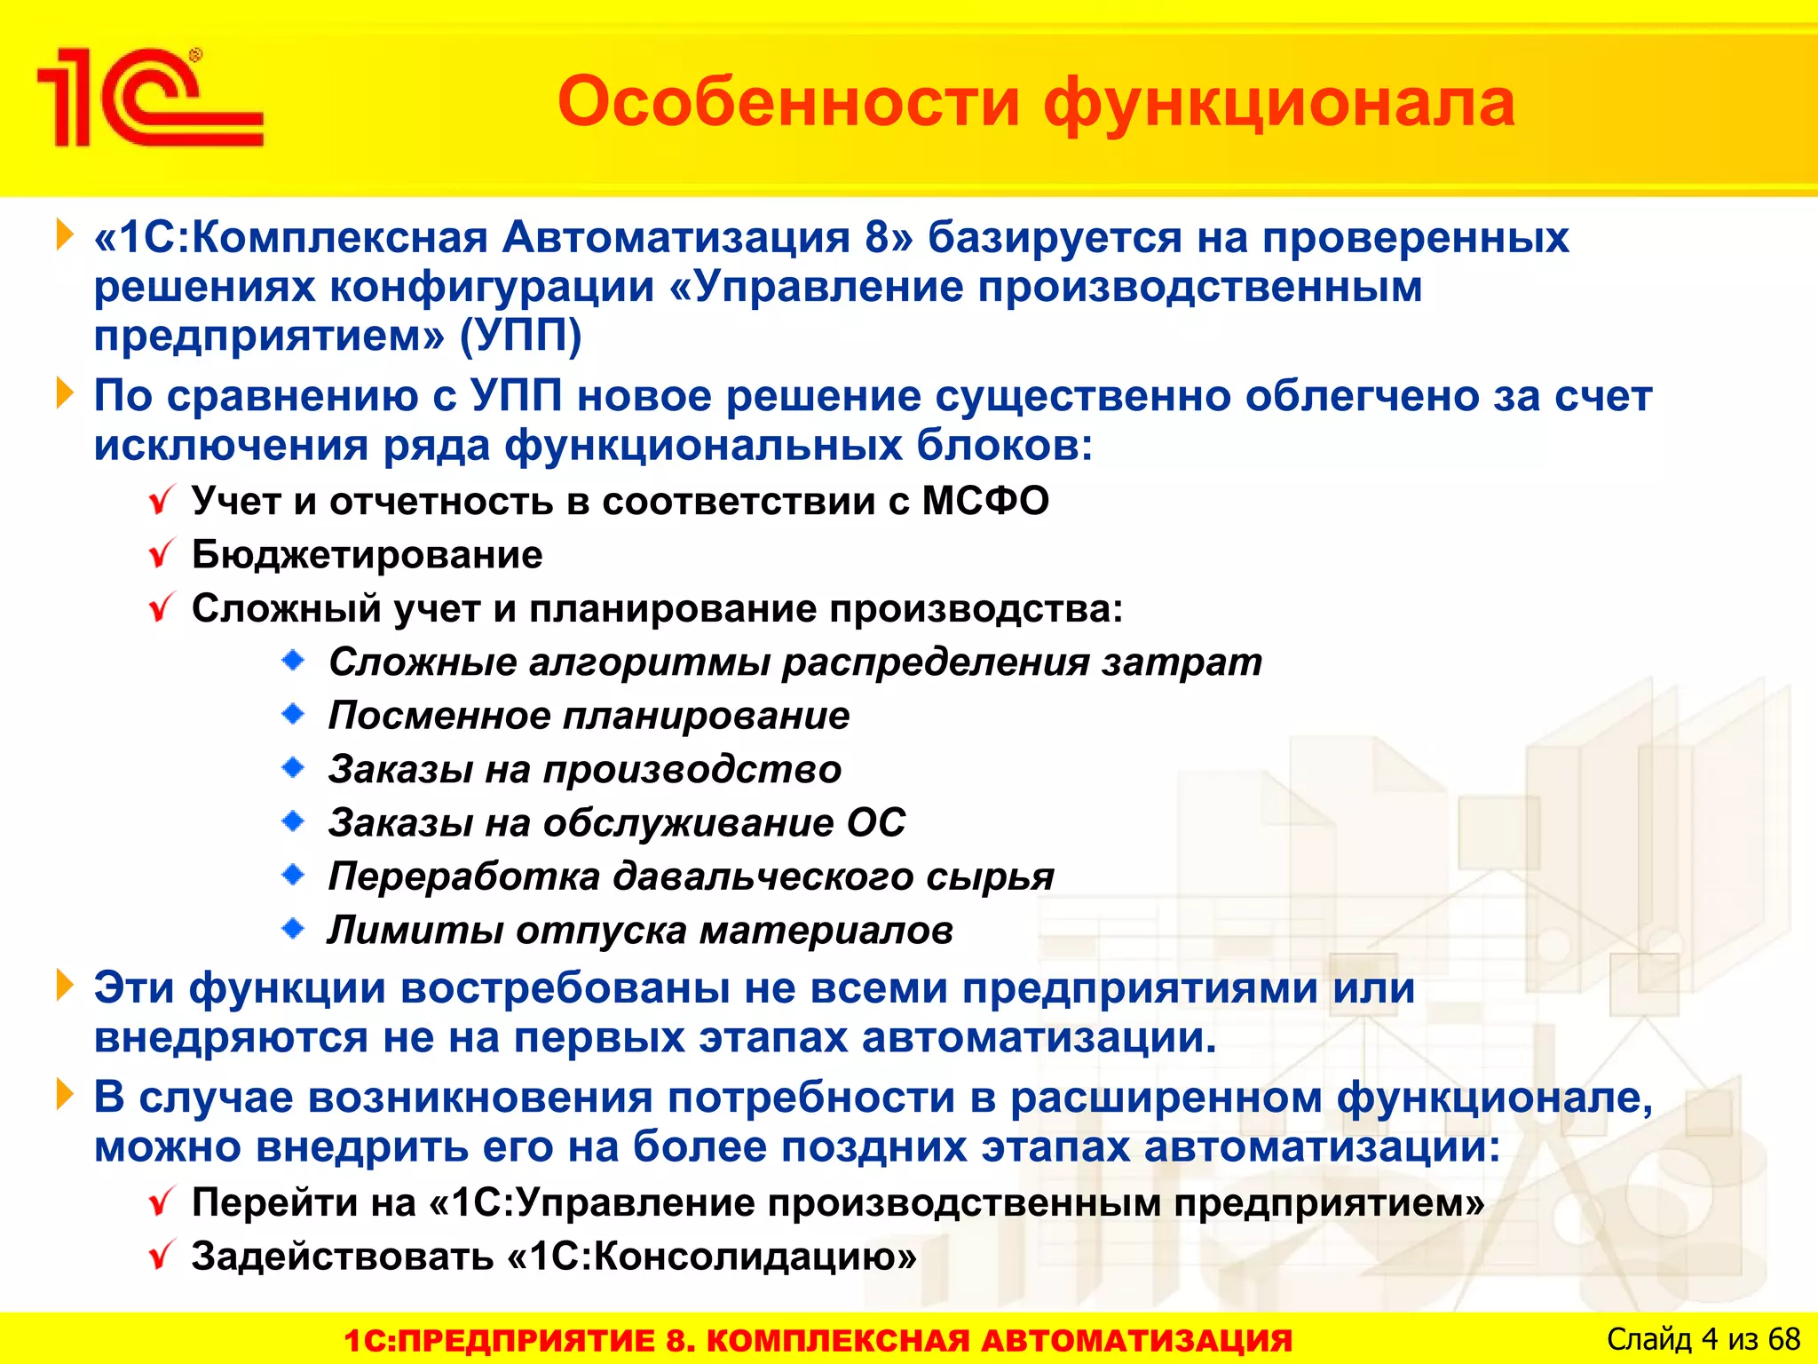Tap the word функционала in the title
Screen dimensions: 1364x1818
pos(1278,103)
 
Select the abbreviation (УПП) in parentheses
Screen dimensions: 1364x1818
pos(520,337)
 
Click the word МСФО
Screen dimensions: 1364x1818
pos(985,502)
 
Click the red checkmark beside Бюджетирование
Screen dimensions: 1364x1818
pos(162,555)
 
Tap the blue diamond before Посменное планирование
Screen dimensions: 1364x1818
pos(293,714)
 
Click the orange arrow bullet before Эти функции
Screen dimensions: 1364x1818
pos(65,986)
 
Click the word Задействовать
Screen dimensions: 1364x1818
pos(343,1257)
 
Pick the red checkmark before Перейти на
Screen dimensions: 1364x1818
pos(162,1203)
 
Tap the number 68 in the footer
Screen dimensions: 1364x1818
pos(1783,1339)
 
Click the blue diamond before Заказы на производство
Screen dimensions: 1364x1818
pos(293,768)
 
